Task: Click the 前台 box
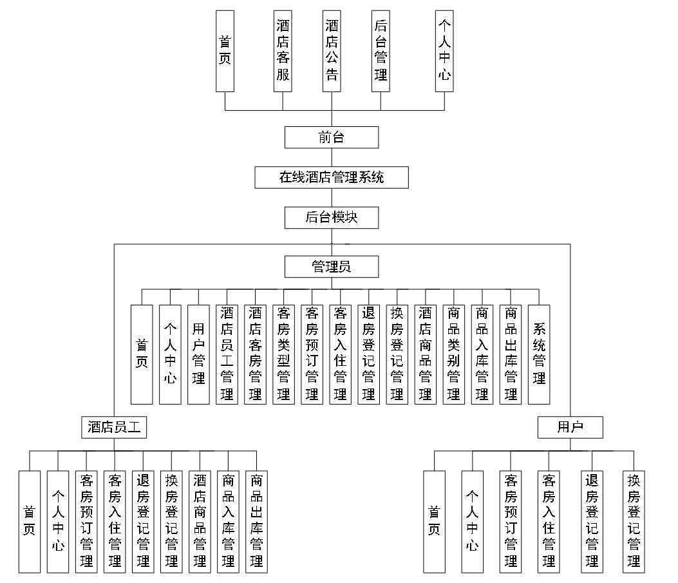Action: pos(332,137)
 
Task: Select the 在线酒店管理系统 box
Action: pos(332,177)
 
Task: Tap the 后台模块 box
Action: pos(332,218)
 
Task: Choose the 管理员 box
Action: pos(332,266)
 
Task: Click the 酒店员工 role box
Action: pos(114,426)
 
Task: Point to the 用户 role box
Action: pos(570,426)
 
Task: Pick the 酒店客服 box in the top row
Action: pos(283,50)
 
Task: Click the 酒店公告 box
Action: pos(332,50)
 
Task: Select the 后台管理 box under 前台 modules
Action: pos(381,50)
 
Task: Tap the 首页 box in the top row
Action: pos(225,50)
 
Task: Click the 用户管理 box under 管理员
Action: pos(198,354)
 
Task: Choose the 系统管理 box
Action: pos(539,354)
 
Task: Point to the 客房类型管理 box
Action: pos(283,354)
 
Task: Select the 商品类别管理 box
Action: pos(454,354)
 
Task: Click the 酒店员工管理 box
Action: pos(227,354)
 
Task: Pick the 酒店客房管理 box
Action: pos(255,354)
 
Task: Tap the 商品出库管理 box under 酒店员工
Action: pos(256,521)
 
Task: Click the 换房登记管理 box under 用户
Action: pos(634,521)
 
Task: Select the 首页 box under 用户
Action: pos(435,521)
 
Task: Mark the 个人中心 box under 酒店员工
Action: pos(58,521)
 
